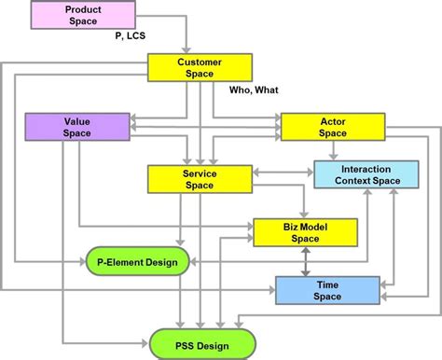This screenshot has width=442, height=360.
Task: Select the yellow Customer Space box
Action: tap(200, 67)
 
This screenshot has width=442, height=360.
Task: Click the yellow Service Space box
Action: tap(200, 179)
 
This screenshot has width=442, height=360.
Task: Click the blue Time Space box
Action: tap(327, 290)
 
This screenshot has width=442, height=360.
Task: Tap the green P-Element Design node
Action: tap(138, 262)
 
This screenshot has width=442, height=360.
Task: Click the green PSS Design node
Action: tap(202, 341)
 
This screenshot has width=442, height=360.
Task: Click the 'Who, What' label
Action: tap(255, 90)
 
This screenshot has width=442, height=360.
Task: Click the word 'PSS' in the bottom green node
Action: tap(182, 341)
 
